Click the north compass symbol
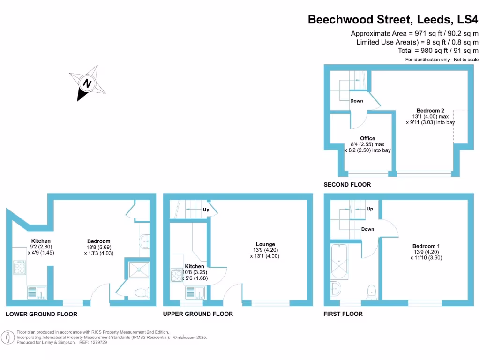click(x=87, y=83)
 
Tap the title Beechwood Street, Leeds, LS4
click(x=393, y=20)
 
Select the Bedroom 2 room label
click(x=430, y=111)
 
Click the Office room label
click(x=367, y=138)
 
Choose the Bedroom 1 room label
click(x=426, y=246)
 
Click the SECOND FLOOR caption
click(x=347, y=185)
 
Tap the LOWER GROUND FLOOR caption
click(x=41, y=314)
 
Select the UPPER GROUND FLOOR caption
click(x=198, y=314)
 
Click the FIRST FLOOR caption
click(x=343, y=314)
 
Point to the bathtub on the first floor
click(x=338, y=261)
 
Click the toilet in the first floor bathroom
click(x=372, y=291)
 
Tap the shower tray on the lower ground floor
click(x=139, y=272)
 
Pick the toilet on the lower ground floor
click(x=139, y=293)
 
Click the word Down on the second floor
click(x=356, y=101)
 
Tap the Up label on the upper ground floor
click(x=205, y=210)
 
